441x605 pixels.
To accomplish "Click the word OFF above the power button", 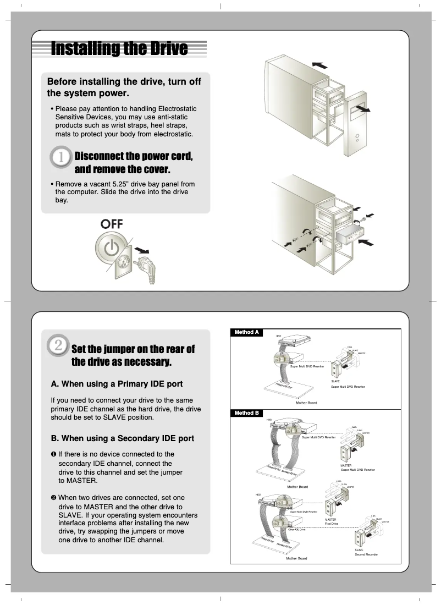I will pos(112,224).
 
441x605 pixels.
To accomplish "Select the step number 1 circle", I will pos(61,157).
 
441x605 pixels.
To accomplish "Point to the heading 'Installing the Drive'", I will pos(119,48).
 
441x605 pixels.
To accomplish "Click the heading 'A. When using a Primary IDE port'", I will pos(117,383).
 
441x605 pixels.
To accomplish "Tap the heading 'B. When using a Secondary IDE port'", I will pos(122,438).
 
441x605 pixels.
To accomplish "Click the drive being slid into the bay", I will pos(347,235).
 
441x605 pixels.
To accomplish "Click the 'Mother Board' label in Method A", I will pos(306,403).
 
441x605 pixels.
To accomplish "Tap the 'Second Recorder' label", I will pos(366,554).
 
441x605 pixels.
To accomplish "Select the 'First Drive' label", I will pos(332,524).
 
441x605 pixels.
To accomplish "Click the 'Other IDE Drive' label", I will pos(296,529).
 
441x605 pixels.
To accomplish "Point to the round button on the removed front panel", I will pos(357,135).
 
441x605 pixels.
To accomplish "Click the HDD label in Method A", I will pos(278,335).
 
